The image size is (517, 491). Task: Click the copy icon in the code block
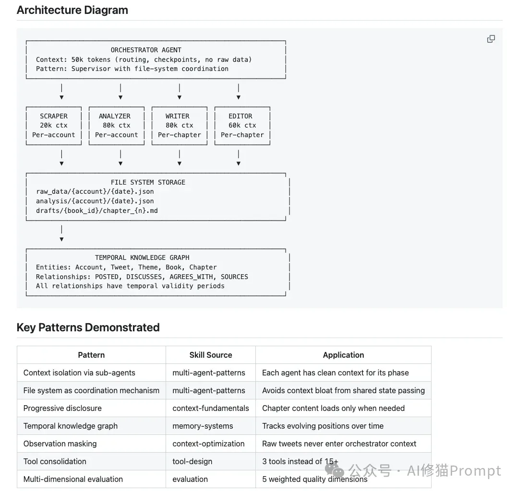click(491, 39)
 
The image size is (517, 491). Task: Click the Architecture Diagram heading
click(72, 10)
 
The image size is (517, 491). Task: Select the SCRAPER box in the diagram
click(54, 126)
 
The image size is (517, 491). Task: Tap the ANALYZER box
click(117, 126)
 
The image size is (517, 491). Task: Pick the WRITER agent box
click(180, 126)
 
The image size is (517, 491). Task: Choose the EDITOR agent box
click(242, 126)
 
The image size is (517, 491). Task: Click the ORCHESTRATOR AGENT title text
click(146, 50)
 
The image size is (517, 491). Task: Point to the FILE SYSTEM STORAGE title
click(148, 182)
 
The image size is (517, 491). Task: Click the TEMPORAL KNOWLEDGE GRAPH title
click(142, 257)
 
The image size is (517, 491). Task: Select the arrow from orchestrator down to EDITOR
click(239, 92)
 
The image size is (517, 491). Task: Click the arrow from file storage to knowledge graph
click(61, 234)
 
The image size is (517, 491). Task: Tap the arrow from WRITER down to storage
click(180, 158)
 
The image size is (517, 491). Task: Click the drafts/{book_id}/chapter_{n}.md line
click(97, 211)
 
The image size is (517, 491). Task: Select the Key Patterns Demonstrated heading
click(88, 327)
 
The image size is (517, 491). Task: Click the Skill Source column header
click(211, 355)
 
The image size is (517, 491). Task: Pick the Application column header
click(343, 355)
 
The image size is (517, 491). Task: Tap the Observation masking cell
click(60, 444)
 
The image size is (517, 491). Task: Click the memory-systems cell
click(203, 426)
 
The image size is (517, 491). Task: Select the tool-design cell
click(192, 461)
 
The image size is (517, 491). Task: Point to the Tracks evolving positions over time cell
click(323, 426)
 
